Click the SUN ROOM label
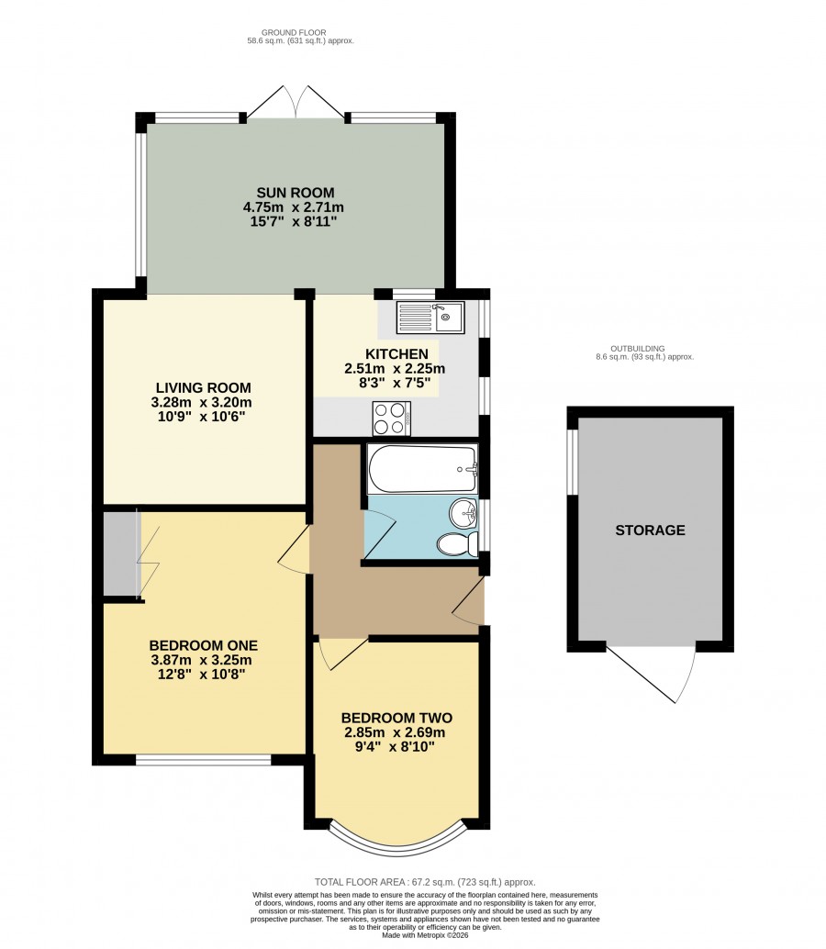[x=296, y=193]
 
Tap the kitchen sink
[x=430, y=318]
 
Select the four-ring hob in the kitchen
[x=392, y=419]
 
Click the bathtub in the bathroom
[x=422, y=469]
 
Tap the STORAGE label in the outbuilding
[x=650, y=530]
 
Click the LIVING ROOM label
[x=204, y=388]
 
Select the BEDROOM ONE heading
[x=204, y=646]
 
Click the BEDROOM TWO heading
[x=396, y=719]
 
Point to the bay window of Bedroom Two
[x=397, y=848]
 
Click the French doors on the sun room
[x=296, y=102]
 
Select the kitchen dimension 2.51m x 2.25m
[x=395, y=369]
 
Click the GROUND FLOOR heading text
[x=294, y=33]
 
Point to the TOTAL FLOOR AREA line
[x=425, y=882]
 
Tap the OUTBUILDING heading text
[x=637, y=349]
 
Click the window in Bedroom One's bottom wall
[x=203, y=760]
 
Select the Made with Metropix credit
[x=425, y=935]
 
